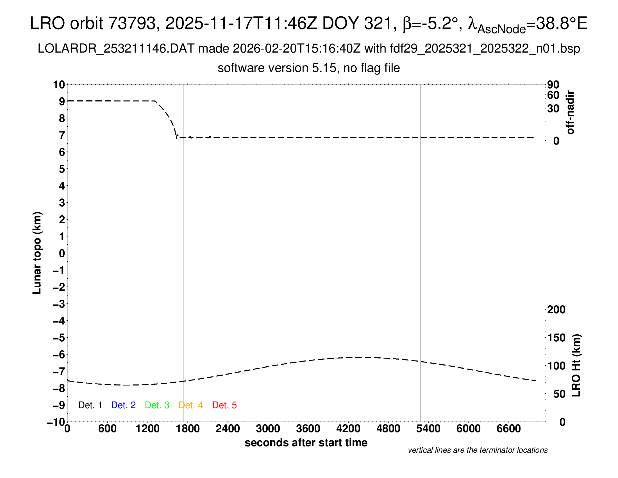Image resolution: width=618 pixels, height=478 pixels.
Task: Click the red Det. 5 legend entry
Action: (224, 405)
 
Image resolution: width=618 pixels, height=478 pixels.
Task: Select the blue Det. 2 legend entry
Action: (123, 405)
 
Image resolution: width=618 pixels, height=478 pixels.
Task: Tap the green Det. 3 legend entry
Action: (157, 405)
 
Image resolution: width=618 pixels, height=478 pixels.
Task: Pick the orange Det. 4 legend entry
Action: (191, 405)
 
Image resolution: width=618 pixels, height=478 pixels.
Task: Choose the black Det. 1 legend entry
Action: (90, 405)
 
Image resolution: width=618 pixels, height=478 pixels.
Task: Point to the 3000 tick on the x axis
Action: (268, 429)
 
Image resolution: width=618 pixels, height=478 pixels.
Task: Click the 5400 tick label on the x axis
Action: (428, 429)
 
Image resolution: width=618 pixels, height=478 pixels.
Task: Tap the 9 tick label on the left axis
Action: (62, 102)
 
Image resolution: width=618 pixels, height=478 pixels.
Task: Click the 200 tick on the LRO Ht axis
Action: (556, 310)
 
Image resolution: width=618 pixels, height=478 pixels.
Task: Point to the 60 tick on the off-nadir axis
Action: (553, 95)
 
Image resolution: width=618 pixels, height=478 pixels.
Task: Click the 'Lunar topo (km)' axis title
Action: (37, 253)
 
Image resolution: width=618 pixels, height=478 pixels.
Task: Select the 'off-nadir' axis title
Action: (570, 112)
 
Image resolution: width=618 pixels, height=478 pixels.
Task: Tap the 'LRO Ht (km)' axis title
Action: (576, 366)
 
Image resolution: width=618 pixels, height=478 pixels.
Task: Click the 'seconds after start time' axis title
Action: (306, 443)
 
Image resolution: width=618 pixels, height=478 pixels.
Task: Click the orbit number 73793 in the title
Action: (132, 23)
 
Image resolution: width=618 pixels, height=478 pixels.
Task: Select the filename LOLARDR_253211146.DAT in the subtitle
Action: (116, 49)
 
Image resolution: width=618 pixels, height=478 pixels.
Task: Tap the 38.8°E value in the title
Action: (562, 23)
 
